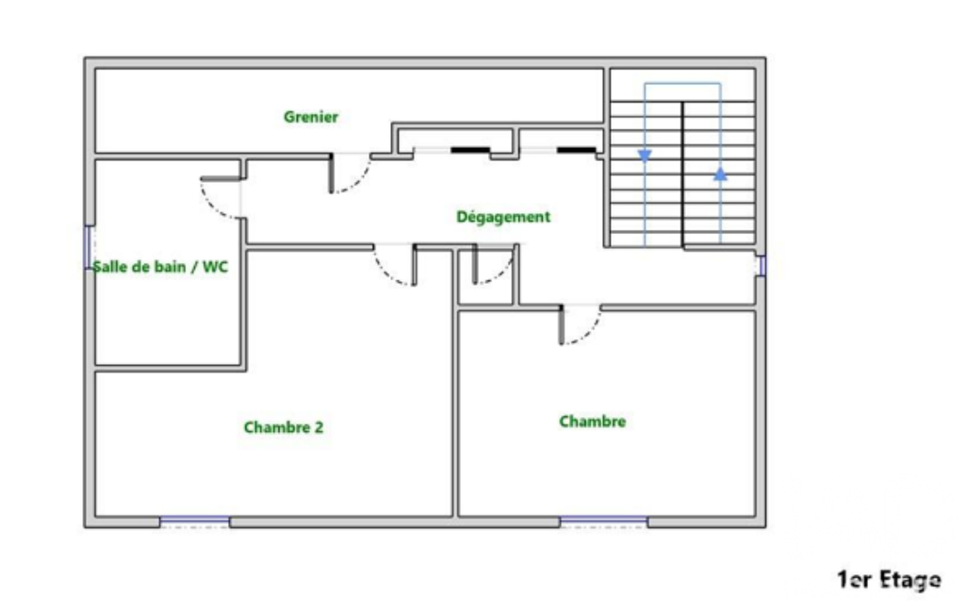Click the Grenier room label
click(x=310, y=117)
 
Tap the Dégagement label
click(x=503, y=217)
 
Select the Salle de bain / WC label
click(x=160, y=266)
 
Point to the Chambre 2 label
click(x=284, y=427)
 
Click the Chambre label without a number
click(x=593, y=422)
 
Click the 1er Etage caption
click(x=889, y=580)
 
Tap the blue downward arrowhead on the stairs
click(x=645, y=156)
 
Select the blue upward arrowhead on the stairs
click(x=720, y=174)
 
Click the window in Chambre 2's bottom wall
click(x=195, y=522)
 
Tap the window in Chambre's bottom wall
click(x=604, y=522)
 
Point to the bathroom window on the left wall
click(x=90, y=247)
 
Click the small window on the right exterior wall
click(x=761, y=266)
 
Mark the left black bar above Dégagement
click(x=470, y=150)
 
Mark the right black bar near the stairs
click(x=577, y=150)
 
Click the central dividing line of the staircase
click(x=682, y=174)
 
